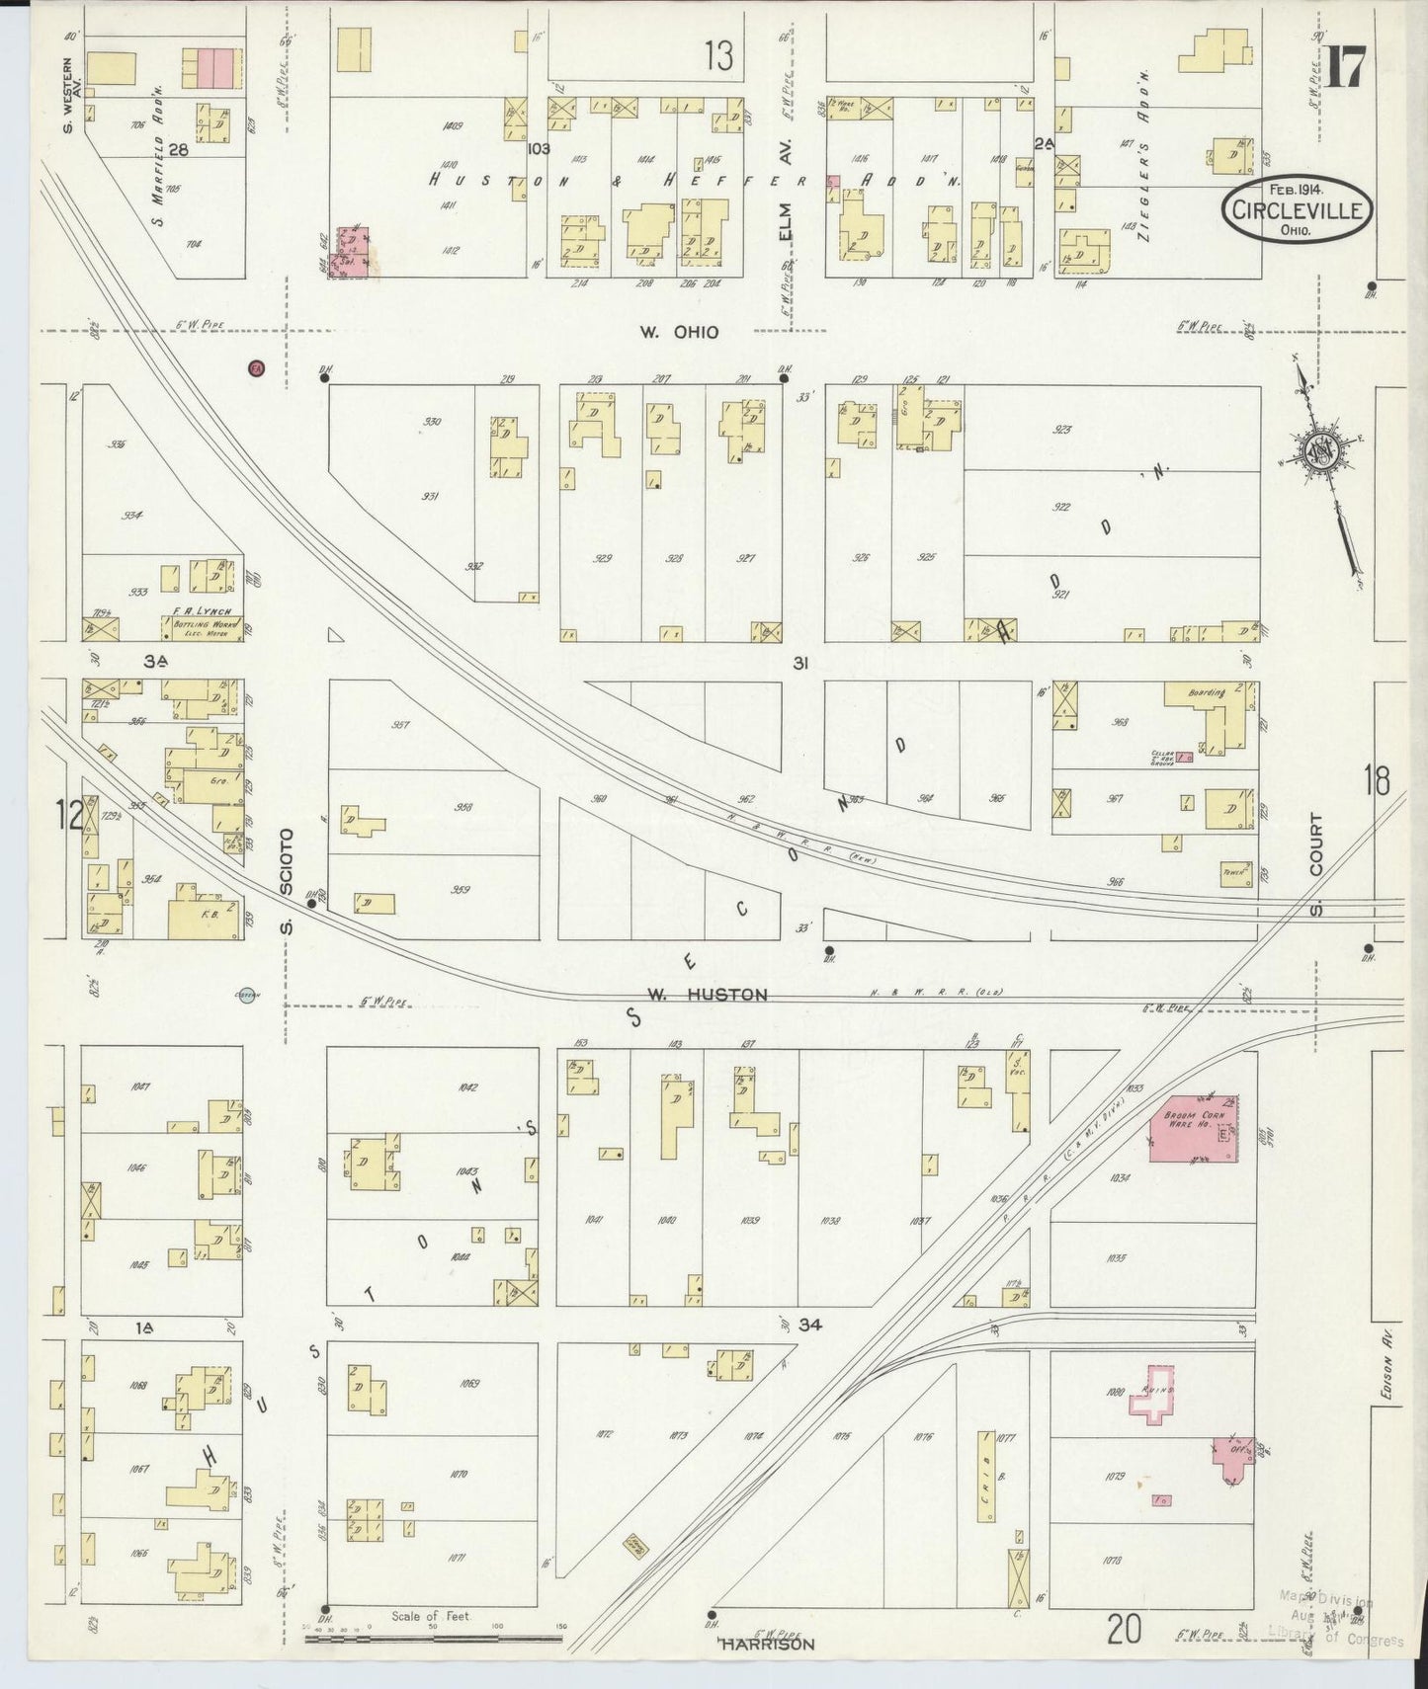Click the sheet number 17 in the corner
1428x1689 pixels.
point(1345,68)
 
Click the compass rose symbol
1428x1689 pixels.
point(1321,453)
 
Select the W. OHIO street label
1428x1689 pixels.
point(678,333)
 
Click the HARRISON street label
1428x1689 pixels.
point(767,1645)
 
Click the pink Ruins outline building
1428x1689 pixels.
point(1154,1394)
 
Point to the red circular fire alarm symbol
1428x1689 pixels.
point(257,368)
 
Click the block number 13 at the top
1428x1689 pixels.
point(719,57)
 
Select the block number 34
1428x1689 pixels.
point(811,1324)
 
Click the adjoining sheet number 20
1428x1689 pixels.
point(1125,1630)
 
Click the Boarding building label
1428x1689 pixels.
point(1208,692)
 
